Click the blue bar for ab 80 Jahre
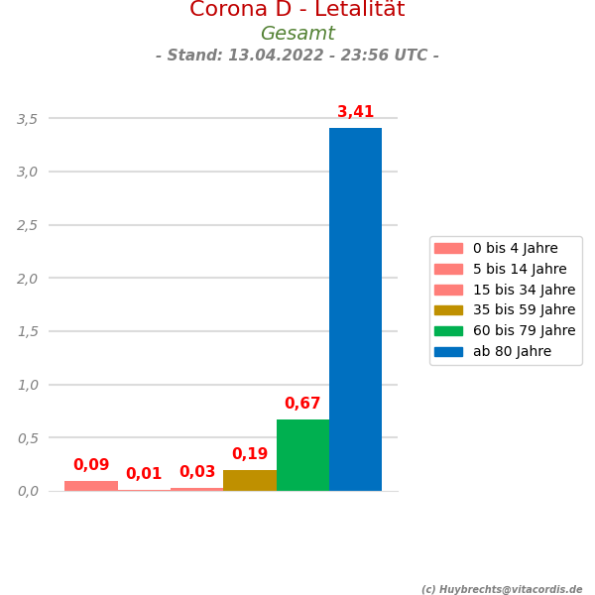[x=355, y=309]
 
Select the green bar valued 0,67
[x=302, y=455]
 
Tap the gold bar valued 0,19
[x=250, y=481]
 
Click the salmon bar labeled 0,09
[x=91, y=486]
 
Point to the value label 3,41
[x=355, y=112]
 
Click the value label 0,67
[x=302, y=404]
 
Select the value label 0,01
[x=144, y=474]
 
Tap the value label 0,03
[x=197, y=472]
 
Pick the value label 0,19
[x=250, y=454]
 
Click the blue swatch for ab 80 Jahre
[x=448, y=352]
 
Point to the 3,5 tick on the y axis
[x=27, y=119]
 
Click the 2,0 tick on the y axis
[x=27, y=279]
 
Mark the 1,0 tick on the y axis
[x=27, y=385]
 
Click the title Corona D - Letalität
[x=297, y=10]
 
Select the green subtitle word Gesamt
[x=297, y=34]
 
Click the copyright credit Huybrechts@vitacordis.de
[x=502, y=589]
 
